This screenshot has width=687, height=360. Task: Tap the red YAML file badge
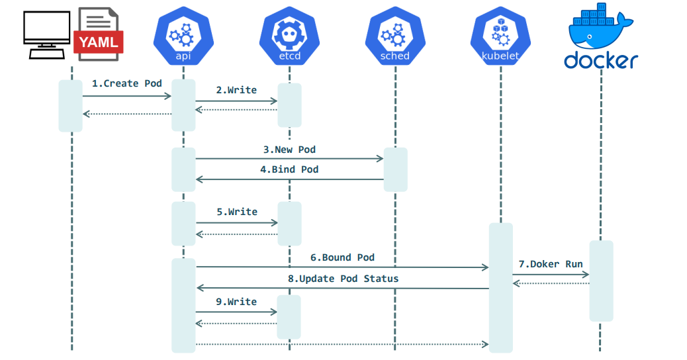point(99,43)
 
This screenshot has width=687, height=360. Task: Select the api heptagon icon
point(183,36)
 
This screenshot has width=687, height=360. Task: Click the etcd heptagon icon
point(289,36)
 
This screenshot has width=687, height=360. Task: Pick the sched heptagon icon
point(395,36)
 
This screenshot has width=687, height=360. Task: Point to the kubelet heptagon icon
point(500,36)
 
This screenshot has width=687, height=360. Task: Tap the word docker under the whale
point(600,60)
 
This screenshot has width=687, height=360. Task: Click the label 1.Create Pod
point(126,83)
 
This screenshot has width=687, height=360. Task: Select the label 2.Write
point(236,89)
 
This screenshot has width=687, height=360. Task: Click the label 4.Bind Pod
point(289,169)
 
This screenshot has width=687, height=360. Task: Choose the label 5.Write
point(236,212)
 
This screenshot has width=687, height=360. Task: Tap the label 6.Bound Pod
point(342,257)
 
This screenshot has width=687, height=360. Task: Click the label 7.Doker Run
point(551,264)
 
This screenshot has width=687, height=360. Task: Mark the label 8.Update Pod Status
point(343,279)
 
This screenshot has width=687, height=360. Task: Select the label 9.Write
point(236,302)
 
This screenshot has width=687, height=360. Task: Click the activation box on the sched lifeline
point(395,169)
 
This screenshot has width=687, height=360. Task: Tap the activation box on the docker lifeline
point(601,281)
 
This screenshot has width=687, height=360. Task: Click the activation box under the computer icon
point(70,105)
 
